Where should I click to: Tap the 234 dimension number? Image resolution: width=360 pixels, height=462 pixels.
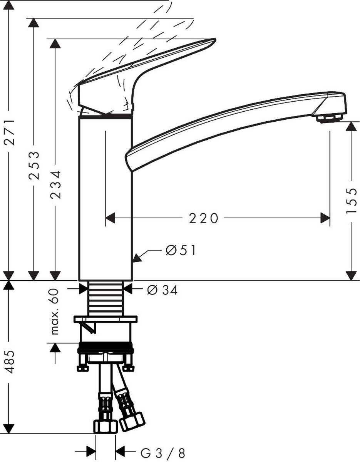tap(56, 184)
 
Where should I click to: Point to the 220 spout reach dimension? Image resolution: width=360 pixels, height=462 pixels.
tap(203, 218)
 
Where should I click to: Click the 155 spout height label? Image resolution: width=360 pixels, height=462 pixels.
tap(351, 201)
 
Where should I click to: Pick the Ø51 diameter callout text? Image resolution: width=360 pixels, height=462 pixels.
tap(181, 251)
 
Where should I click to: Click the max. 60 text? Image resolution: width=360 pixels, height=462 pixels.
tap(55, 311)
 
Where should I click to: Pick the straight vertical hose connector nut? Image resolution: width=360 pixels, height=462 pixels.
tap(105, 426)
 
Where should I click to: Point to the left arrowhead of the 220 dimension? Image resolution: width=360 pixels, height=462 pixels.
tap(111, 218)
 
